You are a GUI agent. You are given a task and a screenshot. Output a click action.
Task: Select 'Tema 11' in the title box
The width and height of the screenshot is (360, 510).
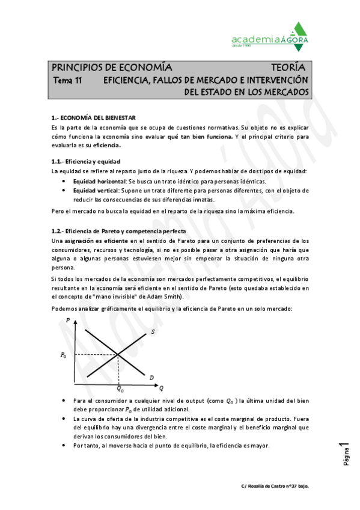pos(67,80)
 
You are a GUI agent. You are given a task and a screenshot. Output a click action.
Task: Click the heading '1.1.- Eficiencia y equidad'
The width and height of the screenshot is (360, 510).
pos(86,162)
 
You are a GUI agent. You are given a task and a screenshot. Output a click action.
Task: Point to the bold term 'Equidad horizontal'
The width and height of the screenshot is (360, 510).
pos(99,181)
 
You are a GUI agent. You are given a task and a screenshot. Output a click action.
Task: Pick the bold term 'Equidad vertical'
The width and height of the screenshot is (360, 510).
pos(96,191)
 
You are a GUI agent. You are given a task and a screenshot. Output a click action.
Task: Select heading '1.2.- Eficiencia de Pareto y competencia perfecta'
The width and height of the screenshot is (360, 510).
pos(119,232)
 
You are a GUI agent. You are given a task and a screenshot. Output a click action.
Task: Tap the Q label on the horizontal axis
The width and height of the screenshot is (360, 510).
pos(161,386)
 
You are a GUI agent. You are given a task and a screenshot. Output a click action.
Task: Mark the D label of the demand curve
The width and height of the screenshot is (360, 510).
pos(152,377)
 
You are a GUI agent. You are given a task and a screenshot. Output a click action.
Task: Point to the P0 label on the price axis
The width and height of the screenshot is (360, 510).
pos(64,355)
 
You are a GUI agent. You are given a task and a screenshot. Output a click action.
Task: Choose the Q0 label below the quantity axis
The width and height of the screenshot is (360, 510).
pos(120,390)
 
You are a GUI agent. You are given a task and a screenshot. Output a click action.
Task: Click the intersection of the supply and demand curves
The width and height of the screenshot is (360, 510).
pos(118,355)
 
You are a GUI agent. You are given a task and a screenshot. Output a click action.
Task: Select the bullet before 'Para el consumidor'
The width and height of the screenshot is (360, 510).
pos(65,400)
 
